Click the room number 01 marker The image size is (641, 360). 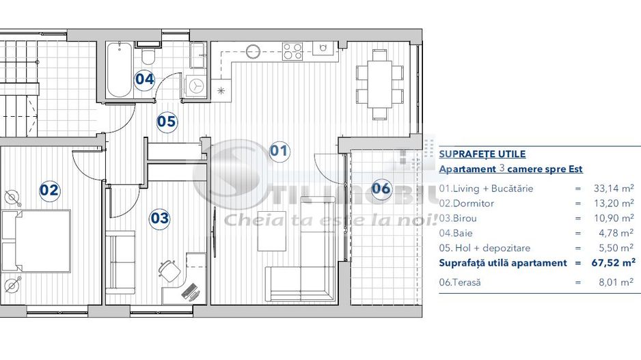[279, 151]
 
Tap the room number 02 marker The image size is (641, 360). [49, 190]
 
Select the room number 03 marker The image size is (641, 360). [159, 219]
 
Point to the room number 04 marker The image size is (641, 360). [144, 79]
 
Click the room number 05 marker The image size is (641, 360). [167, 122]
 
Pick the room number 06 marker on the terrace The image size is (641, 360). [381, 188]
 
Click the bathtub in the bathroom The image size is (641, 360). [119, 70]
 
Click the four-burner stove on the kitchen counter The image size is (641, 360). [293, 51]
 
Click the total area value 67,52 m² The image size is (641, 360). [610, 262]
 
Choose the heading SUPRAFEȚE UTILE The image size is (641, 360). [482, 154]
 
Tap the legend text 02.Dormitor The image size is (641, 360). [466, 204]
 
